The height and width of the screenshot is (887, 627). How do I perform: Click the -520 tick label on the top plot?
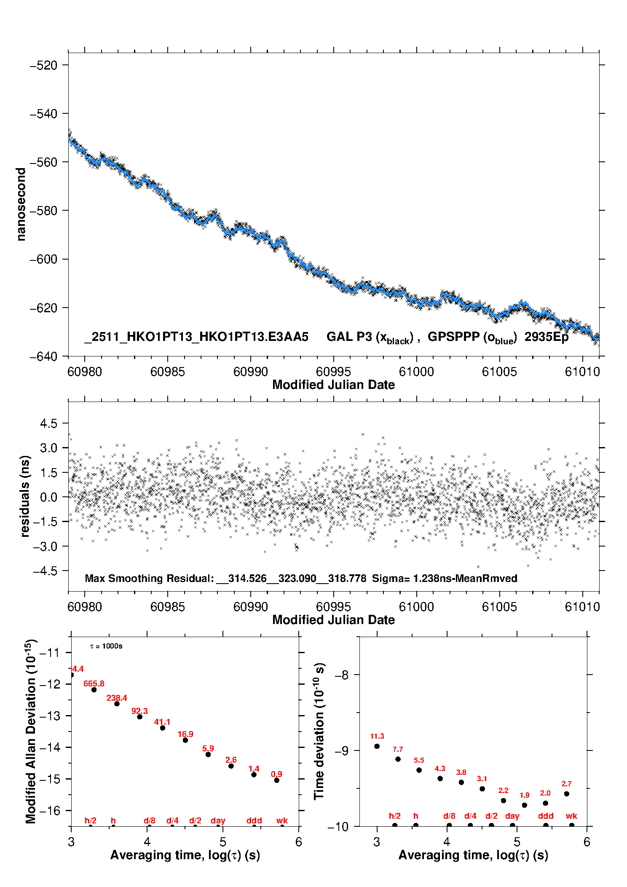tap(43, 65)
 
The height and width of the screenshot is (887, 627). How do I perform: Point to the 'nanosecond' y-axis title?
tap(21, 204)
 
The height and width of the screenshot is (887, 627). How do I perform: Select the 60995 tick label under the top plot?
tap(333, 372)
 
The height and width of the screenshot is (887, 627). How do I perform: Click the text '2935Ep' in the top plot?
tap(546, 337)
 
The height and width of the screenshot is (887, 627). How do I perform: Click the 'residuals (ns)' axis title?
tap(25, 496)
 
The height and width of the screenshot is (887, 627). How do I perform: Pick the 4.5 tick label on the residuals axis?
tap(48, 423)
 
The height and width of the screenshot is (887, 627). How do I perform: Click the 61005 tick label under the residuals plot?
tap(499, 607)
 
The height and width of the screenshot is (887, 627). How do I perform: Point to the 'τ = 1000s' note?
tap(106, 646)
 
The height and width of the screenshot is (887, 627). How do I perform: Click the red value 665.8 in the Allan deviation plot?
tap(94, 683)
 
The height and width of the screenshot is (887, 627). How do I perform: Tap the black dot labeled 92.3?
tap(139, 717)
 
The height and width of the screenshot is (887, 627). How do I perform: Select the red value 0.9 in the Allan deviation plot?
tap(276, 774)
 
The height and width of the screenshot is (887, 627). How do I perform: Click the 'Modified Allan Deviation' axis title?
tap(31, 731)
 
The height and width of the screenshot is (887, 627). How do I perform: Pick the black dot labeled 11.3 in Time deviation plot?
tap(377, 746)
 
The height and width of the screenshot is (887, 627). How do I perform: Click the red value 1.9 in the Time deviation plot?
tap(524, 795)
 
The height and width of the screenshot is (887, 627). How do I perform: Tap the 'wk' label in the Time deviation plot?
tap(571, 816)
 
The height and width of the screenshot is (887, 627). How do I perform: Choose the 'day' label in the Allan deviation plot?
tap(218, 820)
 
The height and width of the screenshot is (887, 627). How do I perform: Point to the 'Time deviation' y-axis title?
tap(319, 731)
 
